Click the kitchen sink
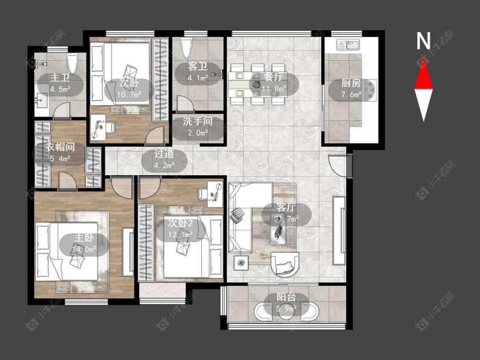click(x=348, y=45)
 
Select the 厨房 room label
click(x=351, y=83)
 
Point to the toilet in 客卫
click(x=186, y=48)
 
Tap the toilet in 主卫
click(x=73, y=63)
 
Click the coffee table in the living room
click(x=278, y=230)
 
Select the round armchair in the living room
click(x=285, y=264)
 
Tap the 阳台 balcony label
click(x=286, y=296)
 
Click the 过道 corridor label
click(x=164, y=154)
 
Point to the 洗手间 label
click(x=198, y=121)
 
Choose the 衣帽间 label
click(x=60, y=147)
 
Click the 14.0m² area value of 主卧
click(x=84, y=249)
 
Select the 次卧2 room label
click(x=180, y=223)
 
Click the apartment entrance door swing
click(x=337, y=165)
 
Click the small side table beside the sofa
click(x=241, y=263)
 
